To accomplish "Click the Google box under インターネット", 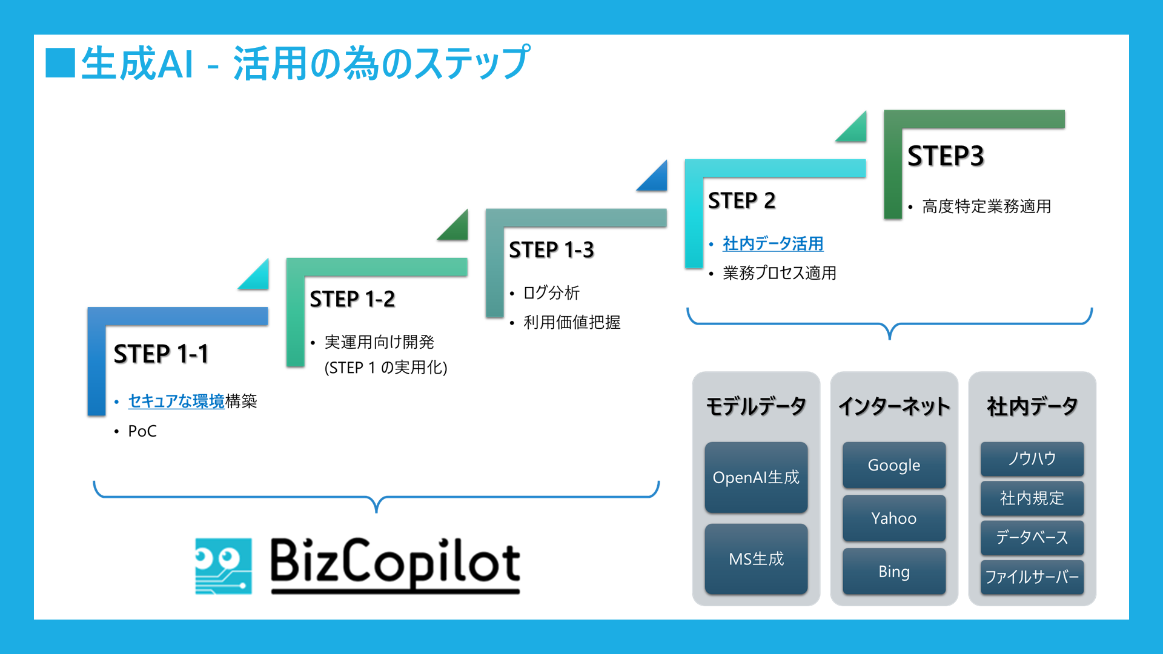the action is [894, 465].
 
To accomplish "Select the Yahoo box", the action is [894, 518].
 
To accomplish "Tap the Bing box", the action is [894, 571].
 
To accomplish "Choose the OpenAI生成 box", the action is [756, 477].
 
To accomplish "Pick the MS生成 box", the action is [756, 559].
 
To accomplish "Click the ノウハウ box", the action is [1032, 459].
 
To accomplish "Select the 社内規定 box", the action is [1032, 498].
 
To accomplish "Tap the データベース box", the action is [1032, 538].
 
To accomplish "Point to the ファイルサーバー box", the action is [1032, 577].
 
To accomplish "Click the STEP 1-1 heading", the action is [161, 354].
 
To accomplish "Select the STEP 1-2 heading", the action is [353, 299].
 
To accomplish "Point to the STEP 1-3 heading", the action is [552, 250].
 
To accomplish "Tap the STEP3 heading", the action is [946, 156].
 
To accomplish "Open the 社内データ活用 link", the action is [773, 243].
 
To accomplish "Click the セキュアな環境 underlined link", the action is [176, 401].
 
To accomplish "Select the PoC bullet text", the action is [142, 431].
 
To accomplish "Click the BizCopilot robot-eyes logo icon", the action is [224, 566].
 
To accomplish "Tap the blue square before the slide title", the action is [61, 63].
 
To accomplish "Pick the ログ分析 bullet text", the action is [552, 293].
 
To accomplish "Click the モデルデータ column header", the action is [756, 406].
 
